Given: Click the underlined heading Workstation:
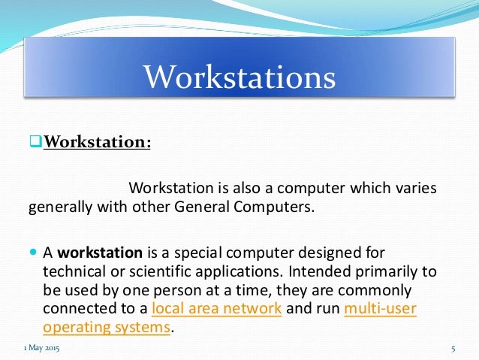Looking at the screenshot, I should click(x=97, y=141).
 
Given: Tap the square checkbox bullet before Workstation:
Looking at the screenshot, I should click(x=34, y=141).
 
